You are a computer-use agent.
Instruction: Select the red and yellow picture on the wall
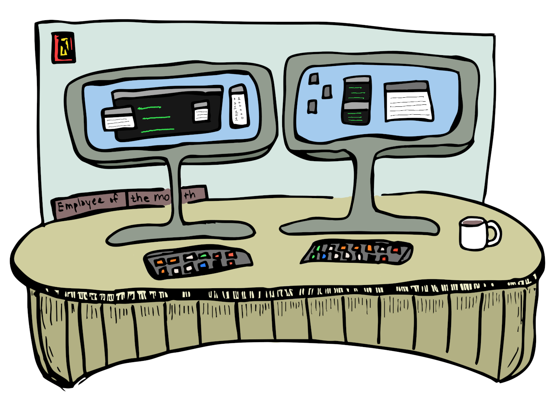(63, 48)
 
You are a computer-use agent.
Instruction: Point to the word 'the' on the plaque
(140, 197)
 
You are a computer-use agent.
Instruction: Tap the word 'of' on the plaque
(114, 198)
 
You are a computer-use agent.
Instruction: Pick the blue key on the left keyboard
(203, 265)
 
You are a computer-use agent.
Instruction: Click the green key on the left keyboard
(203, 256)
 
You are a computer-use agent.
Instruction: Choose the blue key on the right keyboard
(323, 256)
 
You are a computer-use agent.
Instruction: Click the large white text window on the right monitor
(409, 102)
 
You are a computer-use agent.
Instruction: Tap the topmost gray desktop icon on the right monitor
(314, 79)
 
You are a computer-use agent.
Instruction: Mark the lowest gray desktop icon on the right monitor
(312, 106)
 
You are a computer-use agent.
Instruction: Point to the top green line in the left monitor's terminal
(149, 108)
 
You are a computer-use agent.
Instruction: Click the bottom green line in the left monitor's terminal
(157, 130)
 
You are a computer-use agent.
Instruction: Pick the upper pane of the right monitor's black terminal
(356, 91)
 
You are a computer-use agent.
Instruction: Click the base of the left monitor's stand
(181, 235)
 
